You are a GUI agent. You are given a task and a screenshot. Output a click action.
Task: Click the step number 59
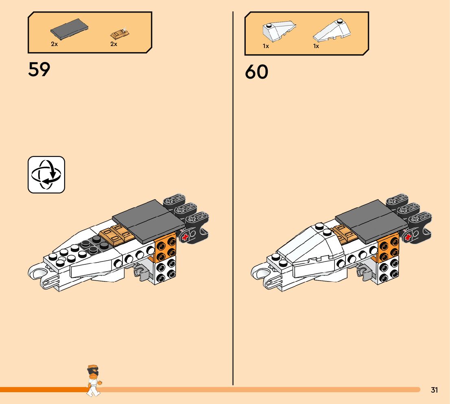coord(39,70)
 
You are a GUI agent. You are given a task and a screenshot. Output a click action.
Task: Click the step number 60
coord(256,72)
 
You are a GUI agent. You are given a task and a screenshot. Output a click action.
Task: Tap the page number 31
coord(434,390)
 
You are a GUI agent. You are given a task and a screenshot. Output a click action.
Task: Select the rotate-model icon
coord(46,175)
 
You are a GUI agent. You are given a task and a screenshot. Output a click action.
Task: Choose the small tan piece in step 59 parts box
coord(119,33)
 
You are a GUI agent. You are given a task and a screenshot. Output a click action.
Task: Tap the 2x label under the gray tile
coord(55,44)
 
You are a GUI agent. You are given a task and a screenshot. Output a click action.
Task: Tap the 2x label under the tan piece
coord(114,44)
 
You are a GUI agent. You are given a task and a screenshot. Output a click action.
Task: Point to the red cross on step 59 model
coord(186,237)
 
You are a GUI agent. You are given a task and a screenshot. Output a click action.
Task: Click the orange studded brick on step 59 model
coord(166,248)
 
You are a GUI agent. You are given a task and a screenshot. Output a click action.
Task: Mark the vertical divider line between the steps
coord(233,204)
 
